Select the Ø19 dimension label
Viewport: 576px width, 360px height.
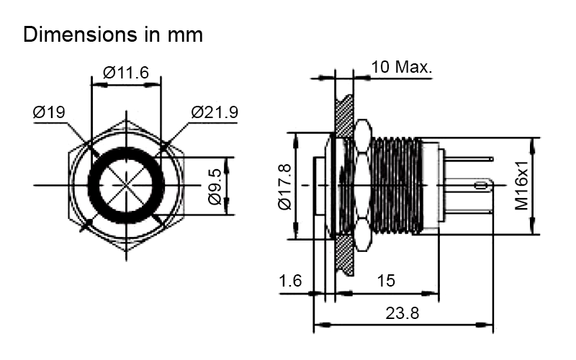(x=50, y=112)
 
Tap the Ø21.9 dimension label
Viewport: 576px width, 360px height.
(x=215, y=112)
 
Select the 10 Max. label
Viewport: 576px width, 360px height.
(x=402, y=68)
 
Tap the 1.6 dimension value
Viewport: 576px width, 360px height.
(x=291, y=281)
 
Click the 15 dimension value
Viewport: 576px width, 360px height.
(x=387, y=281)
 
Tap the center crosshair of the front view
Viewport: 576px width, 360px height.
(x=126, y=185)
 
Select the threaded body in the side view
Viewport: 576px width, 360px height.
(x=396, y=185)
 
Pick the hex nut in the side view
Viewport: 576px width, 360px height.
(x=360, y=185)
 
